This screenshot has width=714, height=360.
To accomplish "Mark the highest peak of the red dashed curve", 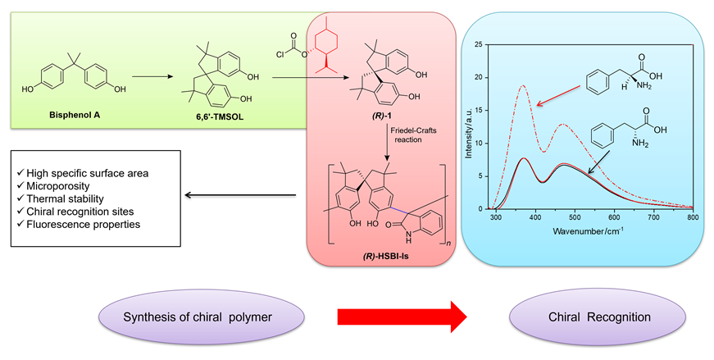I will click(522, 85).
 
